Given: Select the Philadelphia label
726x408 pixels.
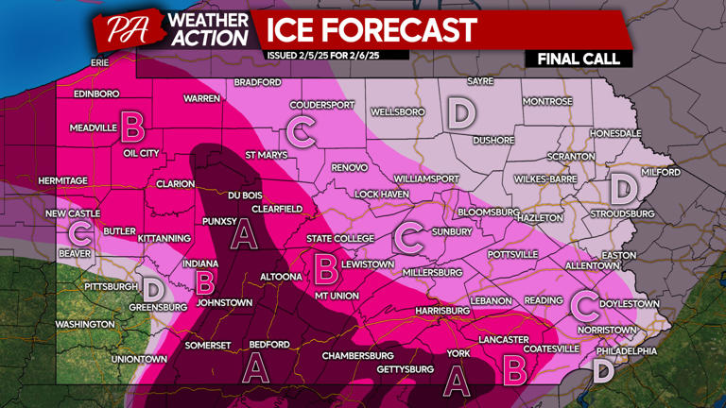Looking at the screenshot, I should tap(626, 350).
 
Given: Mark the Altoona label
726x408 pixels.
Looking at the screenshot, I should tap(281, 277).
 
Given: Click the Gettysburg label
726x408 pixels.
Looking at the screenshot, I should tap(405, 368).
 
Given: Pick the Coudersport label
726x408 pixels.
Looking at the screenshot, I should tap(324, 105).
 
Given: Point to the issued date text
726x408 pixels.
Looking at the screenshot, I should tap(337, 55).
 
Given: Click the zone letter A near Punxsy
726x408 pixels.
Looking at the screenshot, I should tap(246, 233).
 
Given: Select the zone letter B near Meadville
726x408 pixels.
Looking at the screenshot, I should tap(131, 125).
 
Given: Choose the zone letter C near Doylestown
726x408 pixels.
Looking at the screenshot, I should tap(585, 304).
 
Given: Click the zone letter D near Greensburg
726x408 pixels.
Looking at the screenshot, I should tap(151, 287).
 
